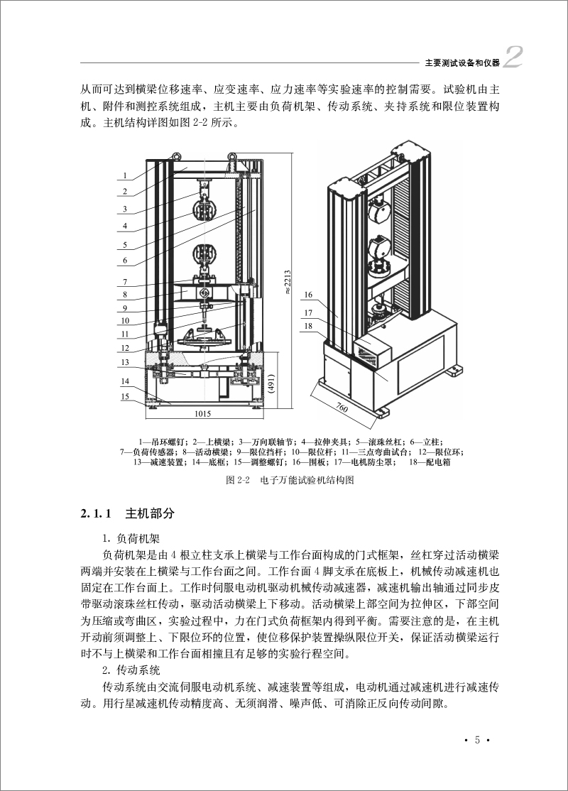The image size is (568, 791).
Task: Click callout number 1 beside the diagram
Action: (124, 175)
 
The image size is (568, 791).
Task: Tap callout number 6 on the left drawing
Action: (124, 261)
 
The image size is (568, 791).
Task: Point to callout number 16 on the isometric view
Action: (307, 295)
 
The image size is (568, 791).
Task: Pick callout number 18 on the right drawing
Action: (307, 327)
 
